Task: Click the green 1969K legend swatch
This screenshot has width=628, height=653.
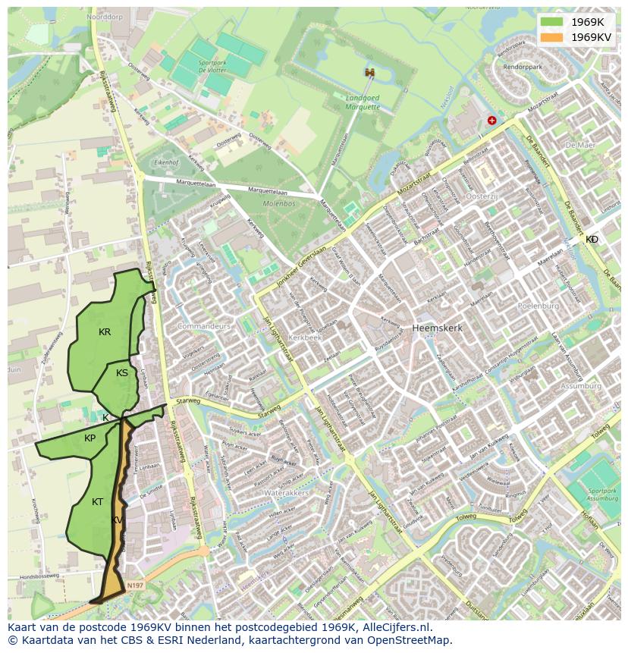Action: point(552,22)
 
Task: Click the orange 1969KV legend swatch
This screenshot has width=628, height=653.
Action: point(552,36)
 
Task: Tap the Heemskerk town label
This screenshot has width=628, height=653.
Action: point(437,328)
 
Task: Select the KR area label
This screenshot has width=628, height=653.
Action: point(105,332)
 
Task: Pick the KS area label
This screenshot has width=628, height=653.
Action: point(122,372)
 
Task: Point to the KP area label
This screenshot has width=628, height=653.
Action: point(90,438)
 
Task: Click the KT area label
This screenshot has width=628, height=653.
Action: point(98,502)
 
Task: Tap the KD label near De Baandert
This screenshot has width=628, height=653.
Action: point(592,240)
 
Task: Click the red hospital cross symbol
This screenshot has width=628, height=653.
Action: point(492,120)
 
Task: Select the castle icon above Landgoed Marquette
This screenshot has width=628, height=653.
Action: point(369,73)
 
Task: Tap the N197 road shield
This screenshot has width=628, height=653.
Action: point(135,586)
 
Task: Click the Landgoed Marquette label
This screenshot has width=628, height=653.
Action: point(363,102)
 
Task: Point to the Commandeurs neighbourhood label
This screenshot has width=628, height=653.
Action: point(203,326)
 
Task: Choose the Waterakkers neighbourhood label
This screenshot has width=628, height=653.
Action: point(287,493)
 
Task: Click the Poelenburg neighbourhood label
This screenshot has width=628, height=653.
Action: point(538,306)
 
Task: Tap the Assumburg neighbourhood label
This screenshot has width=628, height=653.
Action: point(580,386)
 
